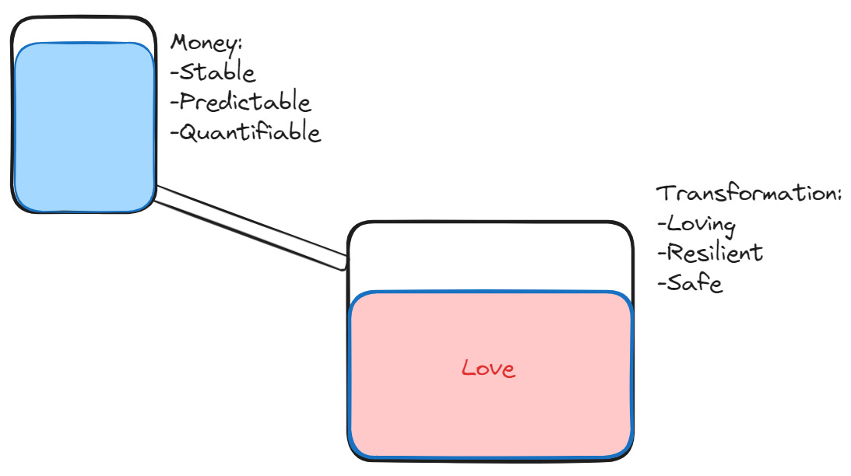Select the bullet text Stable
point(217,72)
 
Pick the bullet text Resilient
point(715,254)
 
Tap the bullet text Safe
point(695,283)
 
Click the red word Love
point(488,368)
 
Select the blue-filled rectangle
point(84,127)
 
